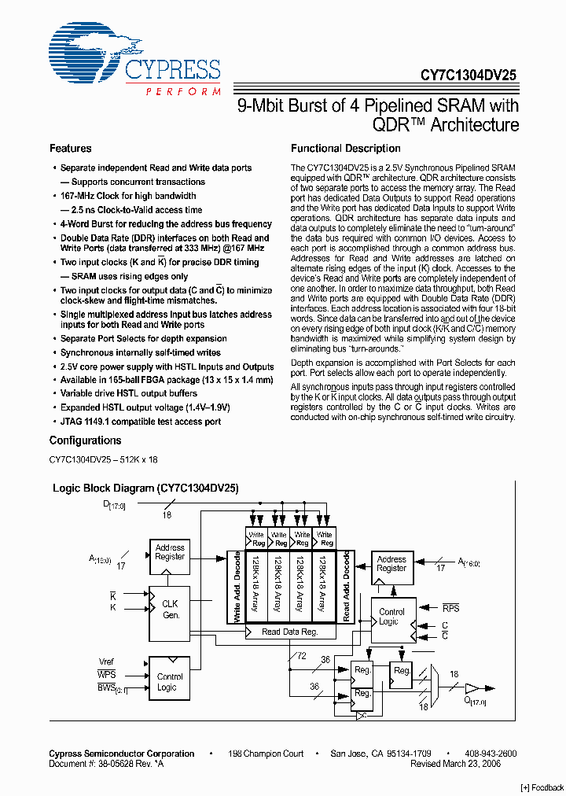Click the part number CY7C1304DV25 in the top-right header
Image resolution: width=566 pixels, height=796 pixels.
[469, 76]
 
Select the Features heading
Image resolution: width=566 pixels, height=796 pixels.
[71, 149]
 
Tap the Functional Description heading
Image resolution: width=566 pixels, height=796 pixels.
[346, 149]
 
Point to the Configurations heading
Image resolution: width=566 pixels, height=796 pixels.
[85, 440]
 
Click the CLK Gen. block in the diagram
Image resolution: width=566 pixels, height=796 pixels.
[170, 609]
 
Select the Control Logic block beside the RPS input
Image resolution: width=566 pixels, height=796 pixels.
[392, 617]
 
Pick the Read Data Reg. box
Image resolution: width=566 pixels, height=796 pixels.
[290, 632]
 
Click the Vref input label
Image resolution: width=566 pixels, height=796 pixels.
[106, 661]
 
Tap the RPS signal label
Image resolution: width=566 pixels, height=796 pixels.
[451, 608]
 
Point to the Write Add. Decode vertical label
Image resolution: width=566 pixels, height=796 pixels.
[237, 587]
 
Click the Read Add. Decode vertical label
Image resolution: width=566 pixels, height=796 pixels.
[347, 587]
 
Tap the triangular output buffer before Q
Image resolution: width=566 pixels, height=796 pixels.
[471, 687]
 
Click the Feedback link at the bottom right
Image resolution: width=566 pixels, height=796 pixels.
[542, 787]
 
